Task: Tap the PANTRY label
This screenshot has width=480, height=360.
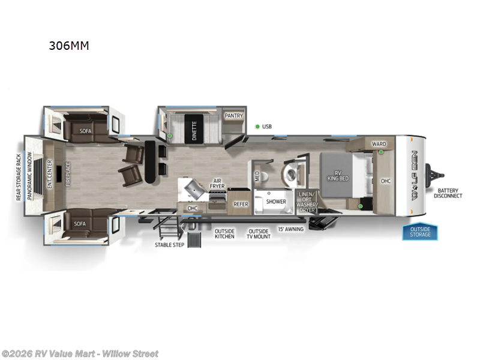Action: [233, 116]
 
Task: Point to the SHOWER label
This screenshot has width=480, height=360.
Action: [276, 202]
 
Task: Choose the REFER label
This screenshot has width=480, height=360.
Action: [241, 204]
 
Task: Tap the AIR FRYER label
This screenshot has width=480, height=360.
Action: [217, 185]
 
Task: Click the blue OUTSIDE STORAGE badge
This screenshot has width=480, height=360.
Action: [420, 231]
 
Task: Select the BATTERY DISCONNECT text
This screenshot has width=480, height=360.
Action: [449, 193]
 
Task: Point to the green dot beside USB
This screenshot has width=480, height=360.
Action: [257, 127]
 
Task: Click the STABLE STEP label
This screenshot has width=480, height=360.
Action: [169, 245]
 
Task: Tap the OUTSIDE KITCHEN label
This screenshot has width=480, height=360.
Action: [225, 233]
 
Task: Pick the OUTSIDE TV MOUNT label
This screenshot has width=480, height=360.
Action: [259, 233]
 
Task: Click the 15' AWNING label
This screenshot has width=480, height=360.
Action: [290, 229]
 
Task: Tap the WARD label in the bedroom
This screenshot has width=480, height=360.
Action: [379, 144]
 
